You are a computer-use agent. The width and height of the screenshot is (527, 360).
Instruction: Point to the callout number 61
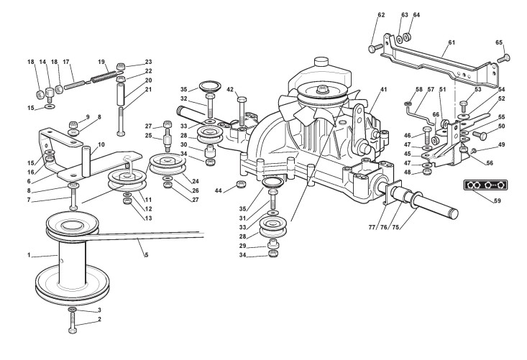click(452, 42)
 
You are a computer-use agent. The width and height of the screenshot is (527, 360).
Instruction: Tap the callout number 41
click(383, 88)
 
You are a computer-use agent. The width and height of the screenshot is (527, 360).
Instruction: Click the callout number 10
click(101, 144)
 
